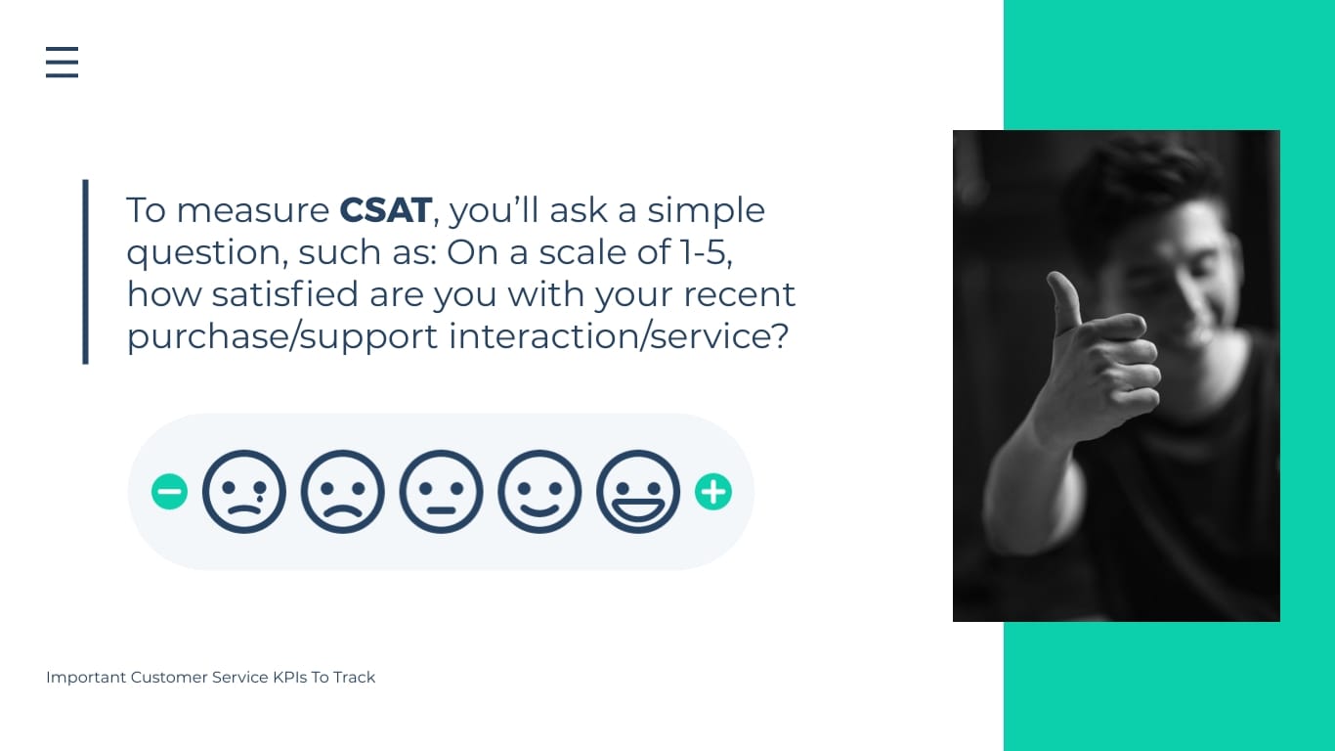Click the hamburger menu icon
(x=62, y=62)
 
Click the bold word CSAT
(x=385, y=210)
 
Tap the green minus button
(x=169, y=492)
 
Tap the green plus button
(x=713, y=492)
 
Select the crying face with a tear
(x=244, y=492)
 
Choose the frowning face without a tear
(x=342, y=492)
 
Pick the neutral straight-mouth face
(x=441, y=492)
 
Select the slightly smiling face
(x=539, y=492)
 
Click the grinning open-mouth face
(x=638, y=492)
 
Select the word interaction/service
(x=618, y=336)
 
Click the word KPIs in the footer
(x=289, y=677)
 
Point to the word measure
(x=253, y=211)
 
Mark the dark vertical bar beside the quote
(x=86, y=272)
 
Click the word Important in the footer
(x=86, y=677)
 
